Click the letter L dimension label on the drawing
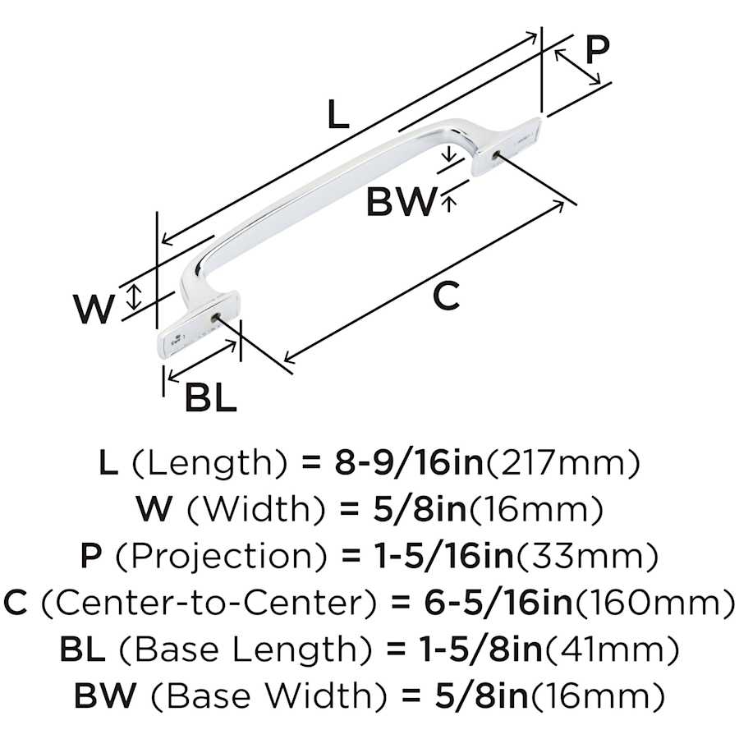pos(338,114)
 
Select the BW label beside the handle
pos(402,201)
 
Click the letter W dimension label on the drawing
pos(94,309)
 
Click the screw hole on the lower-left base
pos(216,317)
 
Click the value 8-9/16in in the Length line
pos(409,462)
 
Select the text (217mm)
pos(562,463)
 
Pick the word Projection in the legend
pos(221,556)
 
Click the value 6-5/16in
pos(498,602)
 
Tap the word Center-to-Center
pos(209,603)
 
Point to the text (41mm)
pos(613,649)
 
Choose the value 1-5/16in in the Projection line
pos(443,556)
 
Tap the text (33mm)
pos(586,557)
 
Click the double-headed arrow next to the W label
pos(135,296)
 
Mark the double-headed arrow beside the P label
pos(577,67)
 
